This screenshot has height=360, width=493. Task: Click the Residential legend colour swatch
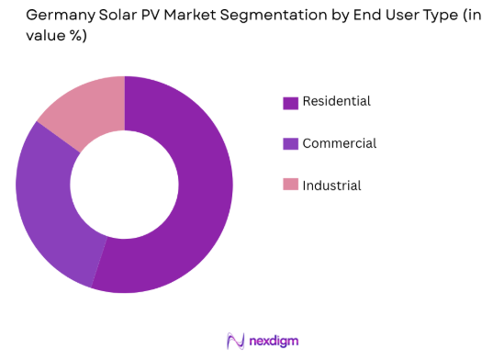[290, 103]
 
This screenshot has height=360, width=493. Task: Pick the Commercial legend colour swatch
[290, 144]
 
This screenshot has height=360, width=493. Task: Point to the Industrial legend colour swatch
[290, 186]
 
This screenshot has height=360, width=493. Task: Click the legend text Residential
[336, 102]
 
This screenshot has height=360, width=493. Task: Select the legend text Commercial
[339, 143]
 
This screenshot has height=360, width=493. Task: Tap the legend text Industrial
[331, 186]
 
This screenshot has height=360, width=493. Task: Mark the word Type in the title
[425, 16]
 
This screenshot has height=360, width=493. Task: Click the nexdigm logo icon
[234, 341]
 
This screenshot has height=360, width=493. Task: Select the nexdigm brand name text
[273, 341]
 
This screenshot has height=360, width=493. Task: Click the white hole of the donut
[124, 185]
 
